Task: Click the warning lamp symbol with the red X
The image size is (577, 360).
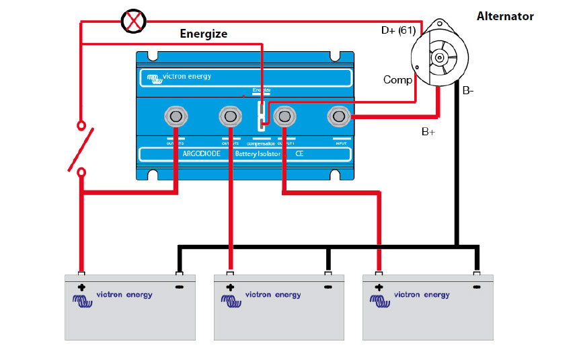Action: tap(132, 22)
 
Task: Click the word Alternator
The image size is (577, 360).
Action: tap(505, 16)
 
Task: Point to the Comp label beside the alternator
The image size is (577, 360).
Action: tap(397, 80)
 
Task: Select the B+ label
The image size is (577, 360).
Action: tap(428, 132)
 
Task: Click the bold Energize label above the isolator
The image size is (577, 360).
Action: tap(203, 34)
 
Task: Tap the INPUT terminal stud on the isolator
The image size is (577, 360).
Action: tap(337, 117)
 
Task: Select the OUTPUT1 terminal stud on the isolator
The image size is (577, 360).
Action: tap(284, 117)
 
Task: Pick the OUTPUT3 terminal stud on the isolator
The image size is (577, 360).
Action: tap(176, 117)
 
